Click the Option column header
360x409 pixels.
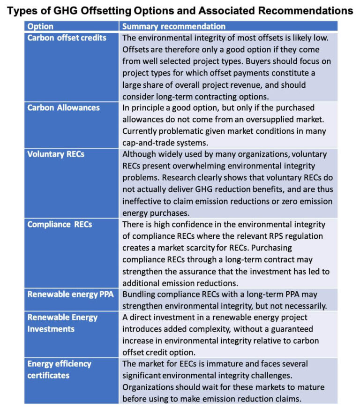click(41, 27)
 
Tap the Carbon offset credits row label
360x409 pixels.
click(67, 38)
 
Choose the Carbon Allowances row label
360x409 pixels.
click(64, 108)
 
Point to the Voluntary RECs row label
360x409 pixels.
click(56, 154)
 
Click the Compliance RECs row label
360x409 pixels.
click(60, 224)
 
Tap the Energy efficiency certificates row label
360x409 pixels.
click(59, 370)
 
